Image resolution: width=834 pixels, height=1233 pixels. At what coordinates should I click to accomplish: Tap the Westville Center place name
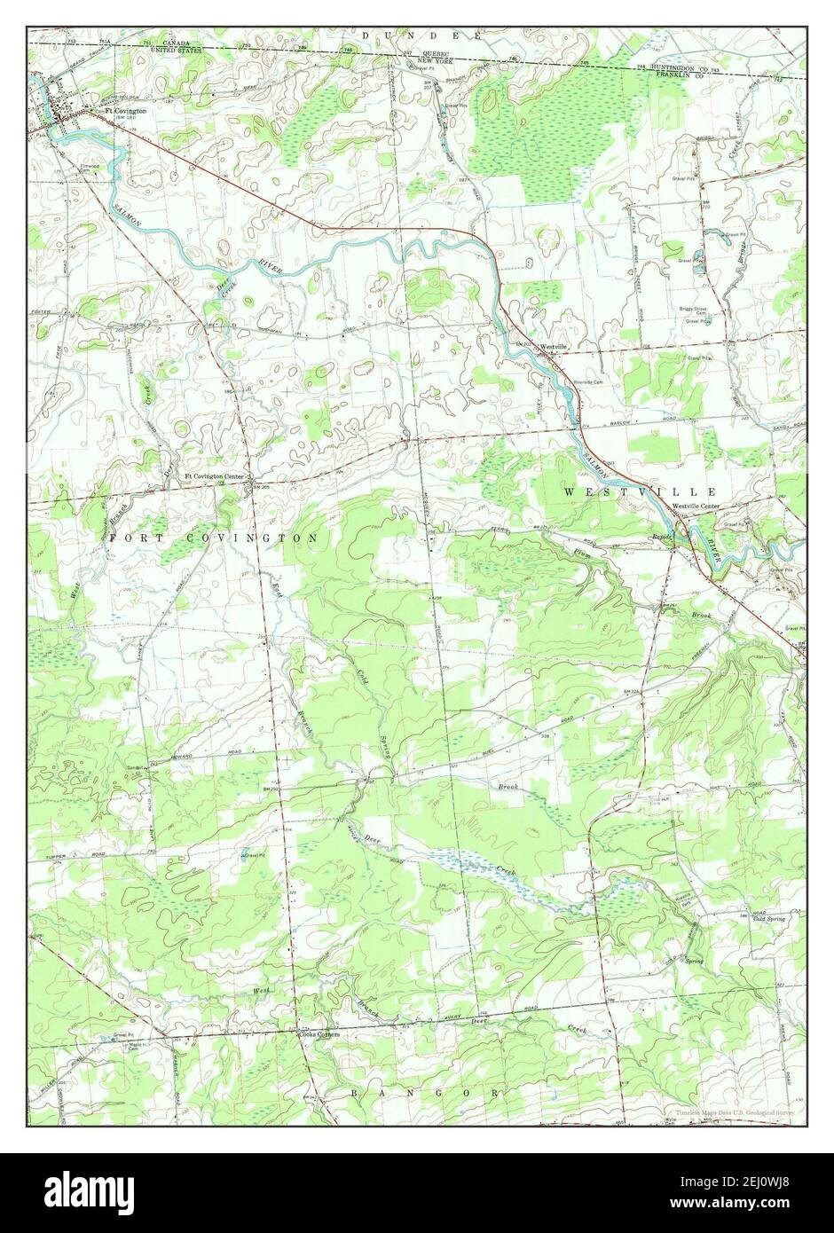click(x=696, y=506)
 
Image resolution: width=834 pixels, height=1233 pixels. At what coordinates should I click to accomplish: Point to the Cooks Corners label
click(x=319, y=1034)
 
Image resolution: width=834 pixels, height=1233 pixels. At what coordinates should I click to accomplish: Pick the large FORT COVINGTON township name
click(x=215, y=538)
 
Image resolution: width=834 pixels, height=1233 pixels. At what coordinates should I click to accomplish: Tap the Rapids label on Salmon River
click(x=664, y=537)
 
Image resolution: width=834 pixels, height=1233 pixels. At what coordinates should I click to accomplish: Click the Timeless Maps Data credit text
click(x=733, y=1111)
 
